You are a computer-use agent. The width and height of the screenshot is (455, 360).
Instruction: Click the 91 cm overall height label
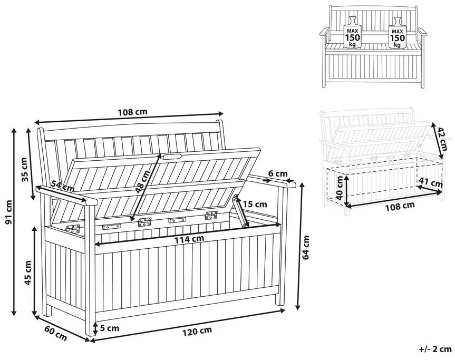(9, 212)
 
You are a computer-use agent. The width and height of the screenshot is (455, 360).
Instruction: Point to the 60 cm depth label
(55, 333)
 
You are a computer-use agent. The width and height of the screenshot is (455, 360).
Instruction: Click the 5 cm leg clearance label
(109, 328)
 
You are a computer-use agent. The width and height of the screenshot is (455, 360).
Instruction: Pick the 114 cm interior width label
(189, 239)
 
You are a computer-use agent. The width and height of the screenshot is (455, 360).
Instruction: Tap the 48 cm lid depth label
(143, 182)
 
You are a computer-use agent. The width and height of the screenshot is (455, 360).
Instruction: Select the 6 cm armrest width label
(278, 174)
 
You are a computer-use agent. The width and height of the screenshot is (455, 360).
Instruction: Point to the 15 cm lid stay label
(255, 204)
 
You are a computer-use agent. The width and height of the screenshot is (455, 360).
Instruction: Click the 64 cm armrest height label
(306, 247)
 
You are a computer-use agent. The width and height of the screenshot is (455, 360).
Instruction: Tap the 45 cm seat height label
(28, 273)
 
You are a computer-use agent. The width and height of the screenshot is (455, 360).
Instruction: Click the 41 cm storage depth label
(430, 183)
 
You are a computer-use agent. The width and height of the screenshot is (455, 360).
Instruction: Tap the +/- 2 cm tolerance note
(435, 349)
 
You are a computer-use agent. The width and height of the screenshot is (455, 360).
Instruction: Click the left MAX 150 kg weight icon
(352, 33)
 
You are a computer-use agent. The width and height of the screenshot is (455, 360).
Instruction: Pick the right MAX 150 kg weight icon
(397, 33)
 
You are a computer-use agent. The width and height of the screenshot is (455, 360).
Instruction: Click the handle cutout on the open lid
(172, 157)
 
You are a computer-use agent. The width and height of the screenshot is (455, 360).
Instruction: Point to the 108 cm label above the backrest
(132, 112)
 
